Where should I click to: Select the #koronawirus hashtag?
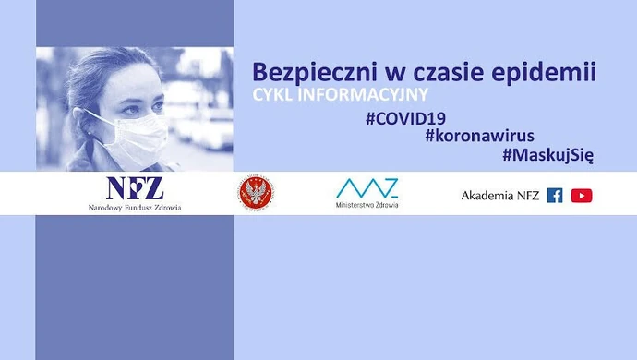coord(479,136)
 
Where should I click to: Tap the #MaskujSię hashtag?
coord(547,156)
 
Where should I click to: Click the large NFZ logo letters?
coord(135,187)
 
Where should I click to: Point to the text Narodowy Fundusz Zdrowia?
coord(135,208)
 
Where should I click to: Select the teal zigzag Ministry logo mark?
coord(367,187)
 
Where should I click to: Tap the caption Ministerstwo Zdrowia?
coord(367,205)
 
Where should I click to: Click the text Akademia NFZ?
coord(499,195)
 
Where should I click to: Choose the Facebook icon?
coord(555,195)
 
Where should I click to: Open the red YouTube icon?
coord(582,195)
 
